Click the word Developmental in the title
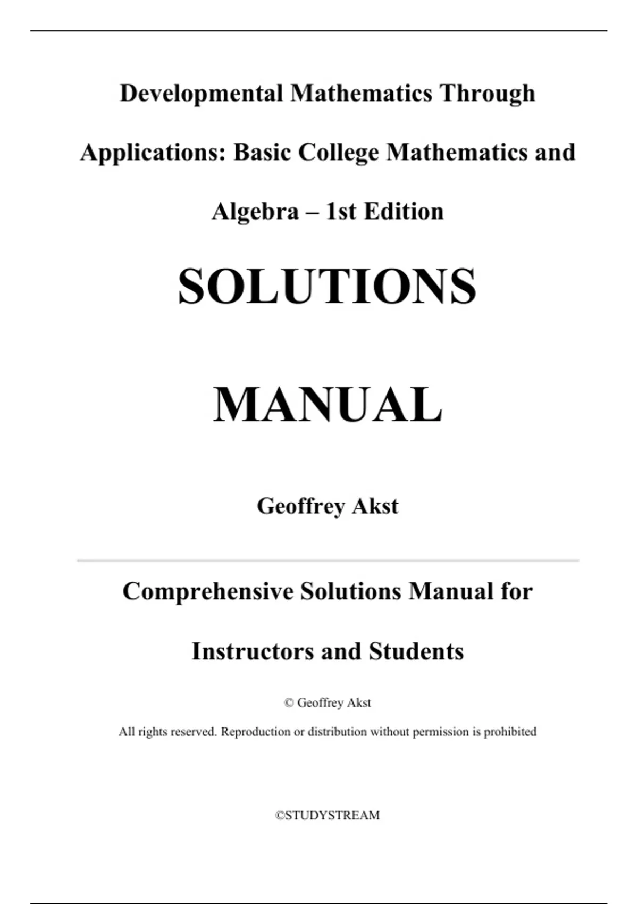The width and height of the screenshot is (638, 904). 201,94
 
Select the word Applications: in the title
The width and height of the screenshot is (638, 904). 153,153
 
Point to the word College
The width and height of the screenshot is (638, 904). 338,153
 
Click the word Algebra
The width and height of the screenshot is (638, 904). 255,212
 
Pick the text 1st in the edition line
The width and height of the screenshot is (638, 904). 340,212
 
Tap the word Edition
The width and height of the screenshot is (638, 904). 404,212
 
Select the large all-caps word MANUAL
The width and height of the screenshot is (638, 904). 328,405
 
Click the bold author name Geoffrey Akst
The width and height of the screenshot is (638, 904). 328,506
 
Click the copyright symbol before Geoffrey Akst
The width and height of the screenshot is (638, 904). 289,703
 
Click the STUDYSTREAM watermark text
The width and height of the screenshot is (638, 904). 328,816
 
